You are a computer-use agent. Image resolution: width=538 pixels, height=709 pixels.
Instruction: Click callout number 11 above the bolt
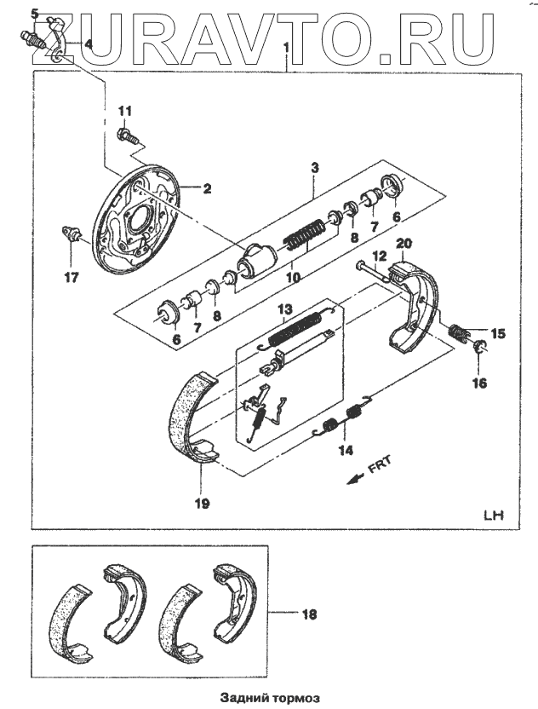click(125, 112)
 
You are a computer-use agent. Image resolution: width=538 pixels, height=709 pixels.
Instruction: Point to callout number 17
click(70, 277)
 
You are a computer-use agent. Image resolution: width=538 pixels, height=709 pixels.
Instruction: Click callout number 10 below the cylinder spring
click(293, 276)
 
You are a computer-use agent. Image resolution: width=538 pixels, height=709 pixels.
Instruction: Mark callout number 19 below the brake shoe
click(201, 503)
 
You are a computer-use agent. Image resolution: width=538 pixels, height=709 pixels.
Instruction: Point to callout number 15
click(498, 334)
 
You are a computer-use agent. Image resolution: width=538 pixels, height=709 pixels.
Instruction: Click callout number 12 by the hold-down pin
click(380, 256)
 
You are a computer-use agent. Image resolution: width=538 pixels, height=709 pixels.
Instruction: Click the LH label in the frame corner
click(493, 516)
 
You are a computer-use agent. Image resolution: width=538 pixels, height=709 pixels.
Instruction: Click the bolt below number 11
click(126, 135)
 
